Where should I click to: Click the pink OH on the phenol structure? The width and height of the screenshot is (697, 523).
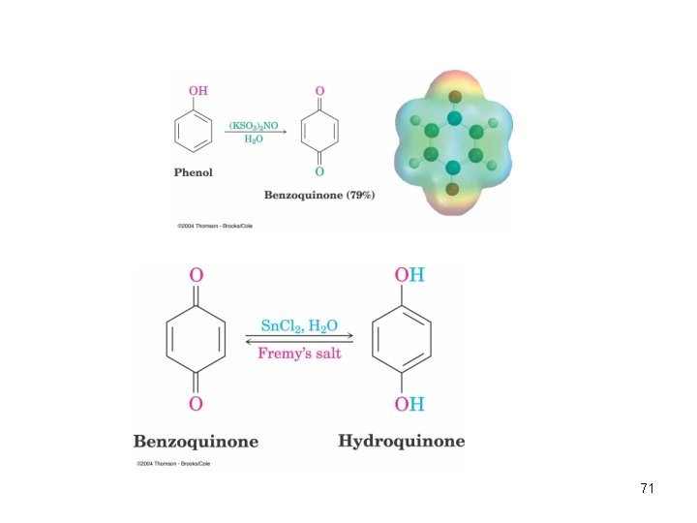[x=197, y=91]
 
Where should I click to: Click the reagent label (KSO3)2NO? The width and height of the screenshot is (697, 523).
[x=254, y=126]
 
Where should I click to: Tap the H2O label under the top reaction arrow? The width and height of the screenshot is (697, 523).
[x=254, y=139]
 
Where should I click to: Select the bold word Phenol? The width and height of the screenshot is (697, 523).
[x=193, y=172]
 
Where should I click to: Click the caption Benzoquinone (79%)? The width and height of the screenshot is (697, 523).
[x=319, y=195]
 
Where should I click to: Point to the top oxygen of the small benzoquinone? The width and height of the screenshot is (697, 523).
[x=319, y=91]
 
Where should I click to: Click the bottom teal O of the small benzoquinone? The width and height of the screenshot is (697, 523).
[x=319, y=171]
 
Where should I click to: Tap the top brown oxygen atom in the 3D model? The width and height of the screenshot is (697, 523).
[x=455, y=97]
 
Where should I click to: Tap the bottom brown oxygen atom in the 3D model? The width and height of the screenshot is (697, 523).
[x=452, y=189]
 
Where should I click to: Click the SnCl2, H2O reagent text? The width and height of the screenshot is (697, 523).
[x=299, y=326]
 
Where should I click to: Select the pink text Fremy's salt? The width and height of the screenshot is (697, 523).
[x=299, y=354]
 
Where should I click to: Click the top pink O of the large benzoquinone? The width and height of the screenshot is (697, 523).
[x=196, y=275]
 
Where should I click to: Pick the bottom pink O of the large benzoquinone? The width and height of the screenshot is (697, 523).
[x=196, y=404]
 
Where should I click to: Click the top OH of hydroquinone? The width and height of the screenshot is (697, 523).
[x=409, y=275]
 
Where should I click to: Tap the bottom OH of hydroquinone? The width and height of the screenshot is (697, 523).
[x=409, y=404]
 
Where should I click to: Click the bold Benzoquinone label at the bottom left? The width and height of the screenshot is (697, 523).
[x=196, y=442]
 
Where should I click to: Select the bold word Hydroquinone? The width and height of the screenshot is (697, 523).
[x=402, y=442]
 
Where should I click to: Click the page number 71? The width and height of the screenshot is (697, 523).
[x=648, y=488]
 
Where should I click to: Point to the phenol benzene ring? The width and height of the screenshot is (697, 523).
[x=174, y=132]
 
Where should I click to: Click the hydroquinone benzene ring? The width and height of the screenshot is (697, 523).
[x=373, y=339]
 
